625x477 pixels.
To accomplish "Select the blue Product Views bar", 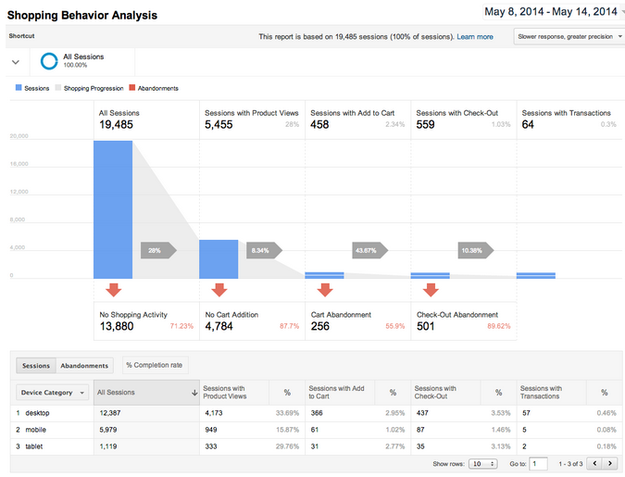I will point(219,259).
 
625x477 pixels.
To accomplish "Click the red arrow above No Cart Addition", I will point(219,290).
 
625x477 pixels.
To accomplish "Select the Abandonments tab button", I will point(84,366).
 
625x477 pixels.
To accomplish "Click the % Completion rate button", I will point(155,366).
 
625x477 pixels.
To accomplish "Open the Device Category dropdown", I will point(53,393).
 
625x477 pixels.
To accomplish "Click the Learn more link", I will point(475,36).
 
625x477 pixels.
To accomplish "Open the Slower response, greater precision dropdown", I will point(569,36).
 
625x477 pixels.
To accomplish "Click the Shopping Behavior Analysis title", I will point(82,15).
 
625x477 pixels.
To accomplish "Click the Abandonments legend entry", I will point(153,88).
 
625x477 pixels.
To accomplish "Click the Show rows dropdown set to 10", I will point(482,463).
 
